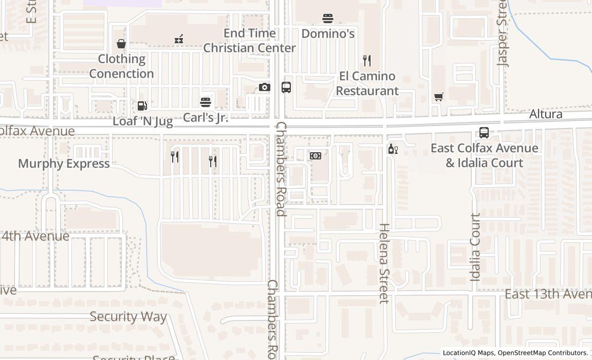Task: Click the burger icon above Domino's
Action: tap(328, 19)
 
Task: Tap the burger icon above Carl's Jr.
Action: tap(206, 102)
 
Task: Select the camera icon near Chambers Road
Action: tap(264, 87)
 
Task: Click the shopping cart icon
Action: tap(439, 97)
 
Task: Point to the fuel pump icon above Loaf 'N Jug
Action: tap(142, 106)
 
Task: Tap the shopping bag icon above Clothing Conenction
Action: tap(121, 44)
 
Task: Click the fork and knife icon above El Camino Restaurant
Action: tap(367, 61)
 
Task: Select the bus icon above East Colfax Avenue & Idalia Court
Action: tap(484, 133)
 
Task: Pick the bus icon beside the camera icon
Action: tap(286, 87)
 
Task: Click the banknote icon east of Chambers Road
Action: tap(316, 155)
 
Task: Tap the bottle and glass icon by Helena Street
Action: tap(393, 149)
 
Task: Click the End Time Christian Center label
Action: tap(250, 41)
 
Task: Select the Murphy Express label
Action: tap(64, 164)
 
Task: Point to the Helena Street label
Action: tap(384, 263)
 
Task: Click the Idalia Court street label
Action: tap(475, 247)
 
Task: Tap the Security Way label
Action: tap(128, 316)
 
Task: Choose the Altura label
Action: tap(546, 114)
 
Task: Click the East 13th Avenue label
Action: tap(548, 294)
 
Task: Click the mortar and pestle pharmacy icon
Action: tap(179, 39)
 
